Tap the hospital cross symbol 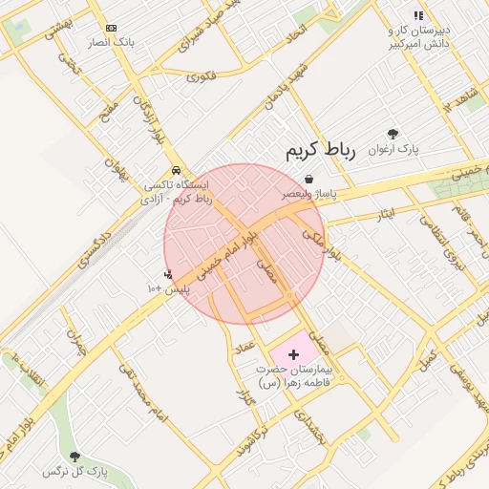[x=293, y=354]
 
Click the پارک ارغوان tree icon [x=393, y=135]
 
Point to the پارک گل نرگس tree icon [x=74, y=457]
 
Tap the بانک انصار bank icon [x=112, y=29]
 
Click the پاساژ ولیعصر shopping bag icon [x=308, y=179]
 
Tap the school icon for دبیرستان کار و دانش [x=417, y=15]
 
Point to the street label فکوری [x=202, y=75]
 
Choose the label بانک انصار [x=112, y=44]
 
